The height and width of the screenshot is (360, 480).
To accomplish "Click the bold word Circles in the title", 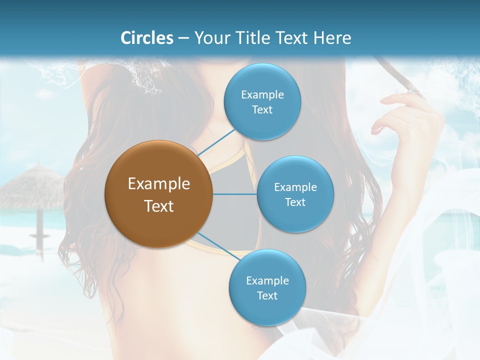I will (x=147, y=38).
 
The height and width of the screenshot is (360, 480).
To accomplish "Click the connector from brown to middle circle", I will (x=235, y=194).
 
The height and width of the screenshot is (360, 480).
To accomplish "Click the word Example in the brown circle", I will (x=159, y=184).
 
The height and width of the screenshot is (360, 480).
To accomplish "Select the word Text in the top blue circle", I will (x=262, y=110).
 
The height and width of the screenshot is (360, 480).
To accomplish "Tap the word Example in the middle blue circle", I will (x=295, y=187).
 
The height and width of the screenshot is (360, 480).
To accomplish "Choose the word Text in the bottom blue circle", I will (x=267, y=296).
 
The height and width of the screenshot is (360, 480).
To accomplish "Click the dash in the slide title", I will (x=183, y=38).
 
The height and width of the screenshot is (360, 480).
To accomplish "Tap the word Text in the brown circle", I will (x=159, y=206).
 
